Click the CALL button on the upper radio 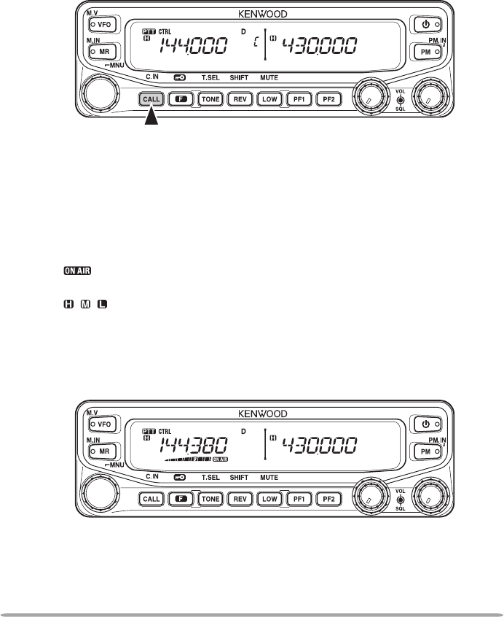pyautogui.click(x=152, y=97)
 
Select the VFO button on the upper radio pyautogui.click(x=103, y=23)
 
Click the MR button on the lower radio pyautogui.click(x=103, y=452)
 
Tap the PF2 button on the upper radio pyautogui.click(x=328, y=97)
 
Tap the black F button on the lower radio pyautogui.click(x=181, y=499)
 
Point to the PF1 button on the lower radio pyautogui.click(x=299, y=499)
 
